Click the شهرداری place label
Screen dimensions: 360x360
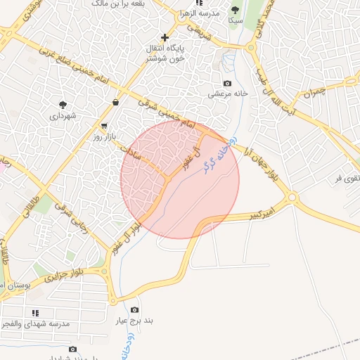pos(63,115)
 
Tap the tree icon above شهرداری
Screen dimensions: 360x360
pos(63,104)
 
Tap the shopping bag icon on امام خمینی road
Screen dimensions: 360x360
pos(115,103)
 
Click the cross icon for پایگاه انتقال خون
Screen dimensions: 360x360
pos(165,37)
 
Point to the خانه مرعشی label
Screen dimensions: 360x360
pos(220,94)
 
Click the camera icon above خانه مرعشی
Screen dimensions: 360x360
pos(226,83)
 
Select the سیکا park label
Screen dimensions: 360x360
pos(235,21)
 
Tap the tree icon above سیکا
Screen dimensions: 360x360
pos(235,11)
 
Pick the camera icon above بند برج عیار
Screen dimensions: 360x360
pos(134,310)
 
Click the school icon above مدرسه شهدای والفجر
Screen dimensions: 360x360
pos(35,312)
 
